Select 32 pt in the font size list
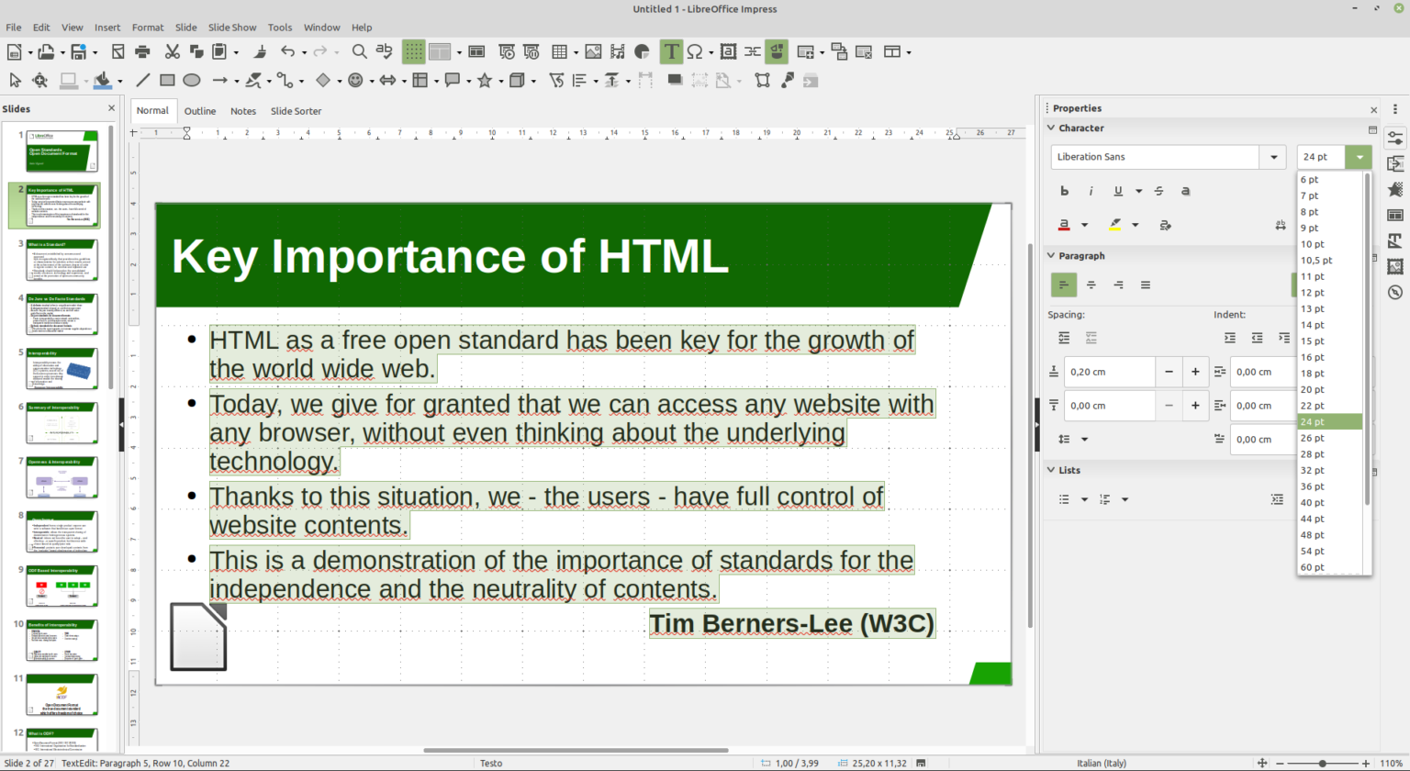tap(1312, 470)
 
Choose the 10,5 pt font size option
tap(1315, 260)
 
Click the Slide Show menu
tap(232, 28)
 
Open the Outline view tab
tap(200, 111)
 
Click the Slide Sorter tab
tap(296, 111)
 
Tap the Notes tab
tap(243, 111)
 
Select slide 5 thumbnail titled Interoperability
tap(62, 369)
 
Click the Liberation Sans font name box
tap(1155, 157)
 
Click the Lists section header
tap(1069, 470)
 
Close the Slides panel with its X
tap(112, 108)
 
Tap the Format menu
tap(148, 28)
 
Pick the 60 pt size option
tap(1312, 567)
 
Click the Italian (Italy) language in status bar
tap(1102, 764)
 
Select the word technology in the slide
tap(273, 461)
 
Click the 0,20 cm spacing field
tap(1109, 372)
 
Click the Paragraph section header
tap(1081, 256)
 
